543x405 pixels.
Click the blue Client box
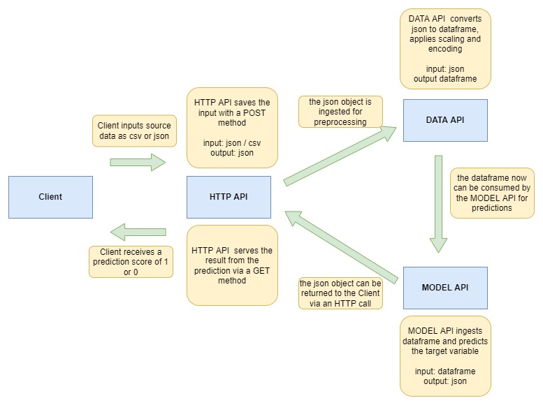(50, 197)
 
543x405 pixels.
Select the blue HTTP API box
(229, 197)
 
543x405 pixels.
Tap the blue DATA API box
(445, 120)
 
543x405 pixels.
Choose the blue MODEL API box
(445, 288)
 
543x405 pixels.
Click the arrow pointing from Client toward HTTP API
(138, 163)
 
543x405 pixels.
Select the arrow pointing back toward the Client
(138, 232)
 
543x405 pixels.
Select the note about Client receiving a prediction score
(131, 262)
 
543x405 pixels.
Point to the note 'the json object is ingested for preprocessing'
(340, 112)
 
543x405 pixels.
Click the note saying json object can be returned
(340, 293)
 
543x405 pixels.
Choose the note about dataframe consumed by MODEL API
(491, 193)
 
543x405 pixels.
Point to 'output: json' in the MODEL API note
(445, 381)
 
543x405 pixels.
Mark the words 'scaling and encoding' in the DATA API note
(445, 44)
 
